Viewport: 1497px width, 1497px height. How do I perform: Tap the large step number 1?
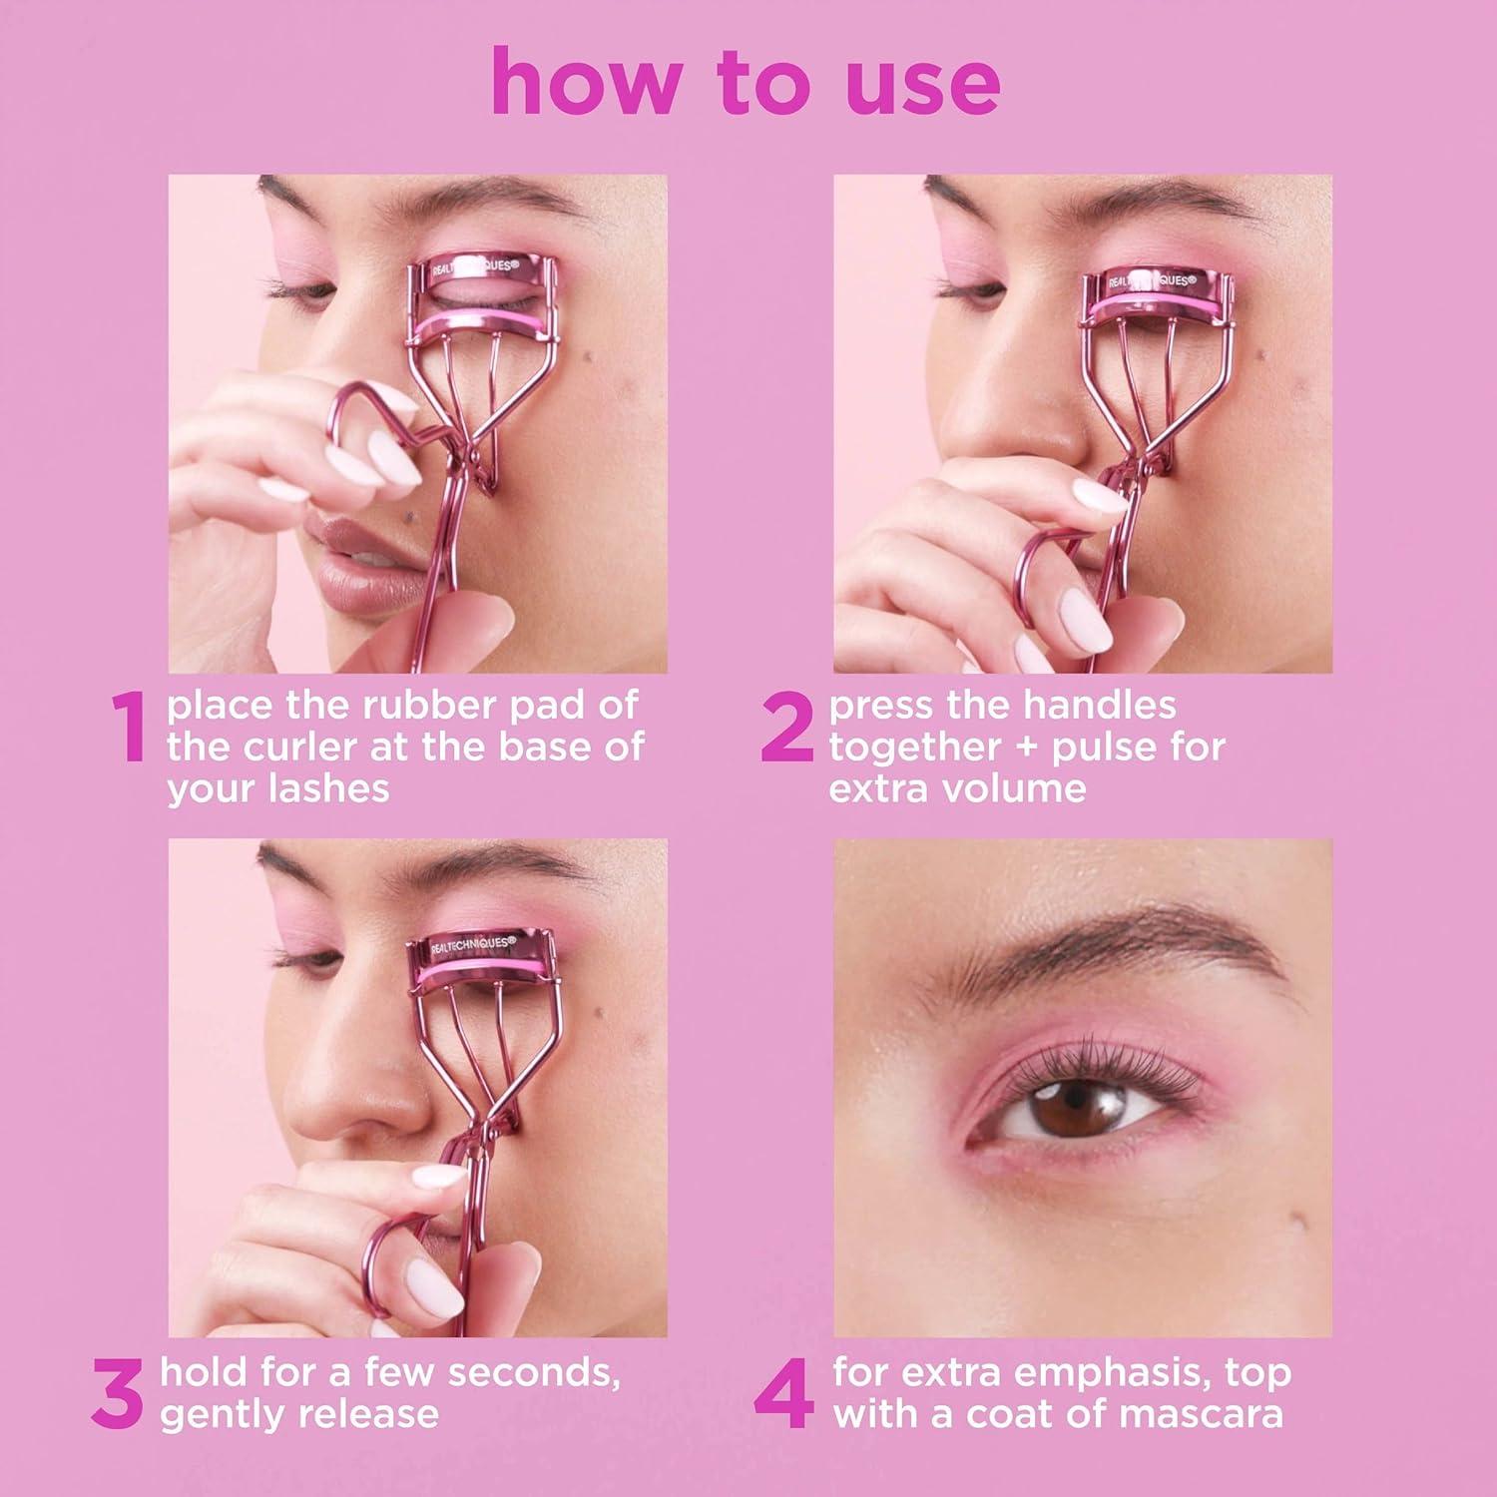coord(129,729)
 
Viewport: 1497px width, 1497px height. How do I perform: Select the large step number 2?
coord(787,729)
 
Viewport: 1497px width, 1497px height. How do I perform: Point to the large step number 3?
coord(118,1393)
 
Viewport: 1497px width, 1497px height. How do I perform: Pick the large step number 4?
coord(783,1395)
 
